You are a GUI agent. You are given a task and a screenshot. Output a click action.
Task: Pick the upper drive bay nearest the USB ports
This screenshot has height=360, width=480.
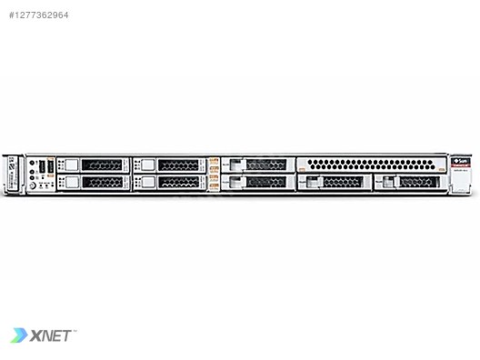(x=92, y=165)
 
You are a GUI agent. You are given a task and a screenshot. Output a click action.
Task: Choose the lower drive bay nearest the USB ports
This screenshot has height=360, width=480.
(x=92, y=182)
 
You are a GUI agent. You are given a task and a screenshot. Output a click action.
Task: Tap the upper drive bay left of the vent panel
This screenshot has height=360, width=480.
(x=258, y=165)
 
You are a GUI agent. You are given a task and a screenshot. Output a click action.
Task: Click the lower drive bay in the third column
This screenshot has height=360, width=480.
(x=258, y=182)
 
